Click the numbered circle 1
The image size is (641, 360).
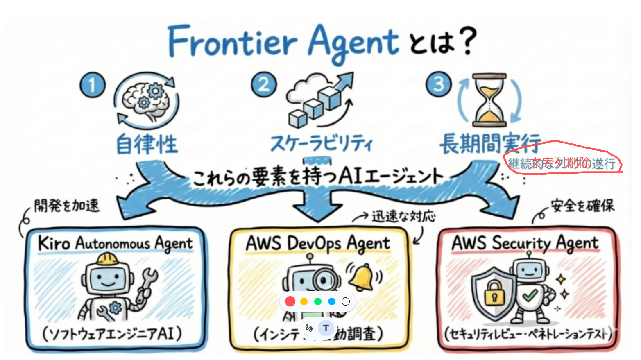[x=93, y=85]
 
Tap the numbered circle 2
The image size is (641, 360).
[x=264, y=85]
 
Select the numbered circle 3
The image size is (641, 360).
[x=439, y=84]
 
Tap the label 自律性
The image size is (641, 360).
[x=147, y=144]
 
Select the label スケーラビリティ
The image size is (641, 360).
[x=322, y=144]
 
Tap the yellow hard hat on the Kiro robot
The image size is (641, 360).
[x=107, y=259]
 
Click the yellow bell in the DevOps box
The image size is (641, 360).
[x=361, y=277]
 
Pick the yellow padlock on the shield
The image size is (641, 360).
[x=494, y=292]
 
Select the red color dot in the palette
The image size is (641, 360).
[x=290, y=301]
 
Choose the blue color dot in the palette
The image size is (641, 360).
[x=332, y=301]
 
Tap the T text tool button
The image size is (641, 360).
[x=326, y=328]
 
